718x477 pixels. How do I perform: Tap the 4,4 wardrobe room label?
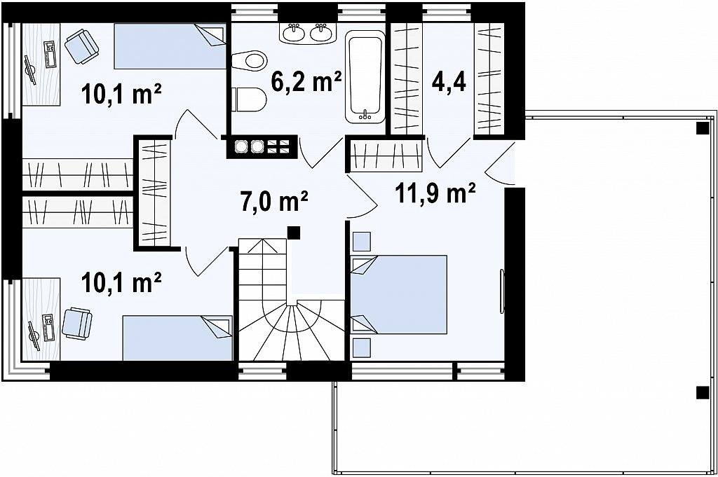point(448,83)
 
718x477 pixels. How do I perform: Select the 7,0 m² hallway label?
point(274,201)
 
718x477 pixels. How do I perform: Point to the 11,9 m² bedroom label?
point(435,193)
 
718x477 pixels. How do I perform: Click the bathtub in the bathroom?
point(365,77)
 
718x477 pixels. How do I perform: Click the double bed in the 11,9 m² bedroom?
point(398,294)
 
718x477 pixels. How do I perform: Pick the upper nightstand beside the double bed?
point(361,241)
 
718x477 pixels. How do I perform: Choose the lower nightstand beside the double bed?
point(361,348)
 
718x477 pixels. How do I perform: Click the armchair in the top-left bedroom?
point(81,46)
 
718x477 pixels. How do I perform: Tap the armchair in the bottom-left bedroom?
point(77,324)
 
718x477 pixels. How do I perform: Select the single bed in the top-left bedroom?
point(170,46)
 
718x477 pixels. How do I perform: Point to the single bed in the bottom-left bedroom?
point(177,338)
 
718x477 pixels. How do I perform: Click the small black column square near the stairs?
point(294,233)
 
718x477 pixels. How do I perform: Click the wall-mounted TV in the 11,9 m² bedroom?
point(502,291)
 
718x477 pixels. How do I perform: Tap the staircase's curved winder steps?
point(292,330)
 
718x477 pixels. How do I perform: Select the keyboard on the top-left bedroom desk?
point(50,54)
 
